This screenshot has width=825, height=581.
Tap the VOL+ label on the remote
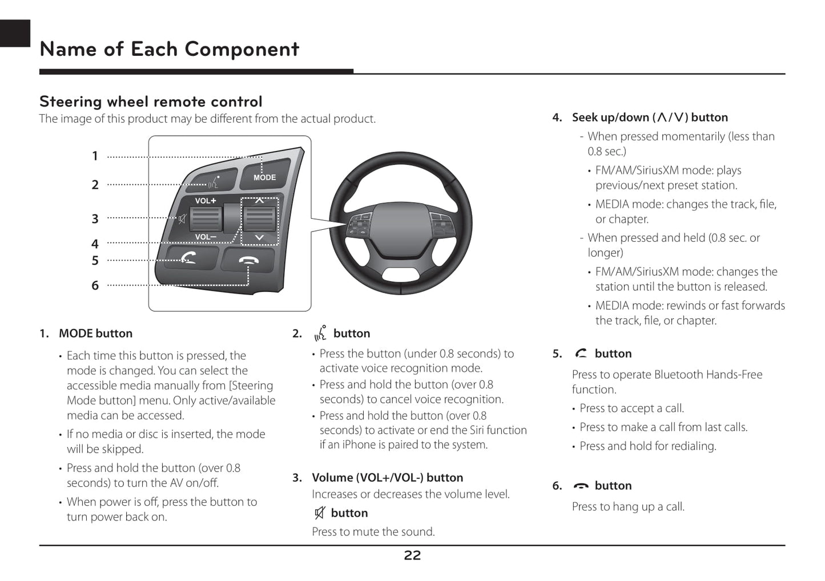point(206,201)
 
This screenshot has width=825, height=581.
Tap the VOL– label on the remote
point(206,237)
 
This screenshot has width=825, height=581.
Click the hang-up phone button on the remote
point(249,261)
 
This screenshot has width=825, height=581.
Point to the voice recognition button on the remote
point(214,181)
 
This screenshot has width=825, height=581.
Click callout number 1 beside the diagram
point(95,156)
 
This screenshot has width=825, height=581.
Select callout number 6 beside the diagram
point(95,285)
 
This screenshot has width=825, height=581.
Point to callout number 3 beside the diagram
point(95,219)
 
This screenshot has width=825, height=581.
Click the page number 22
point(412,555)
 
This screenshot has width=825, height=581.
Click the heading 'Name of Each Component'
point(169,50)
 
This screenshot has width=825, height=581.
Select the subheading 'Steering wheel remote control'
point(151,101)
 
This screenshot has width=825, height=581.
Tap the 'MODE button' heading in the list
point(95,334)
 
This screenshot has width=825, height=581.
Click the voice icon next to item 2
point(320,333)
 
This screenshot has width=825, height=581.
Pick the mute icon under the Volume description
point(320,513)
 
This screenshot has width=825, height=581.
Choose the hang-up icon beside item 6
point(581,486)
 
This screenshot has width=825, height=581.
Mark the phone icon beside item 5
point(581,354)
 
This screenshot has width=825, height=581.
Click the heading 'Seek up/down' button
point(650,117)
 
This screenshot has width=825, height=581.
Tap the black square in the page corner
point(15,33)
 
